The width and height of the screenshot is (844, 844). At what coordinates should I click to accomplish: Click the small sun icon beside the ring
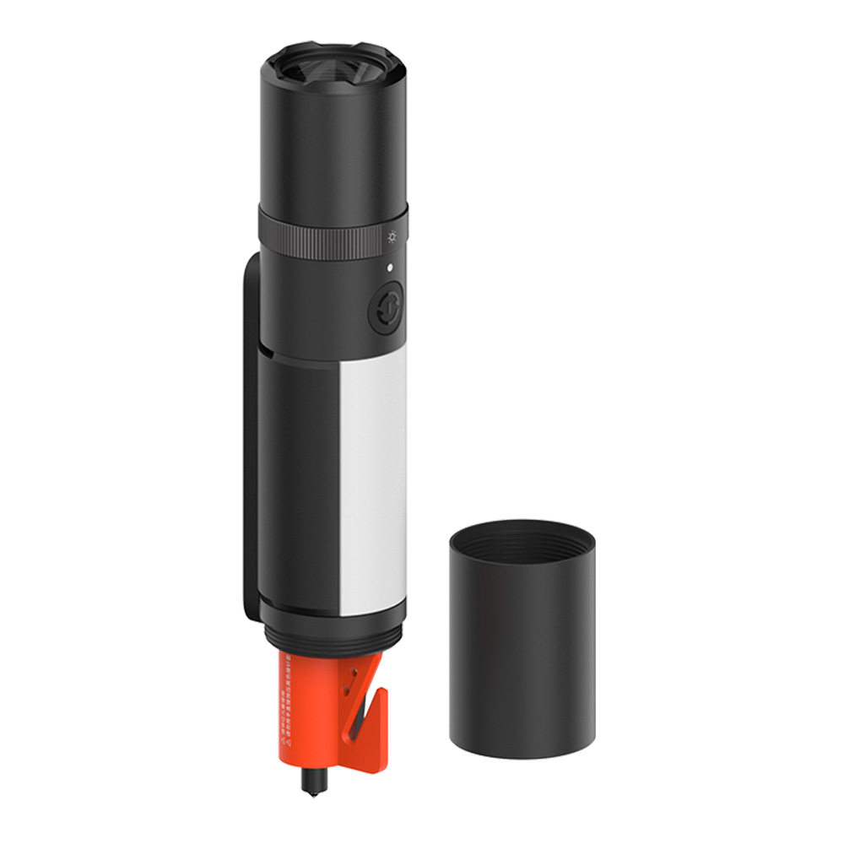point(392,237)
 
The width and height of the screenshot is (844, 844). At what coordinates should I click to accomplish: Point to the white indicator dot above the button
point(389,268)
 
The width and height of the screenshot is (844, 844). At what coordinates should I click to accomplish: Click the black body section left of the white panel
point(300,481)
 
